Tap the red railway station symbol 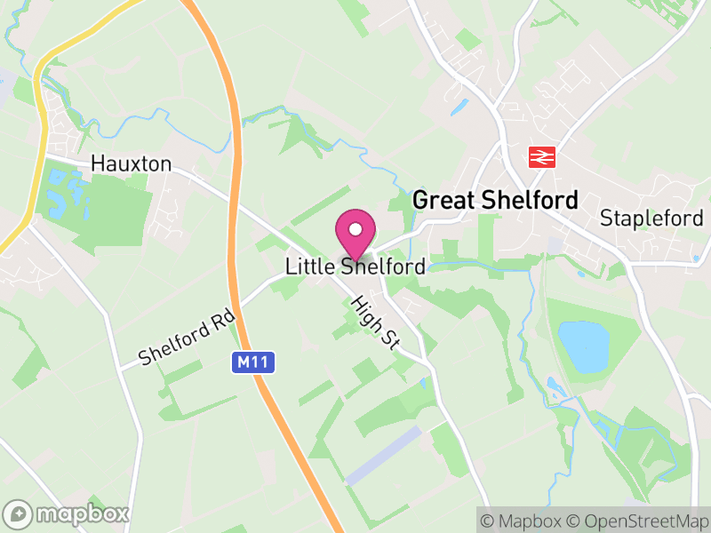pyautogui.click(x=539, y=157)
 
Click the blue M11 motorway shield pyautogui.click(x=255, y=362)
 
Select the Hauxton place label pyautogui.click(x=131, y=164)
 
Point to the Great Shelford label pyautogui.click(x=495, y=200)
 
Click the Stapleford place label pyautogui.click(x=651, y=218)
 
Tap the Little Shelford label pyautogui.click(x=355, y=266)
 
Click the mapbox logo pyautogui.click(x=67, y=513)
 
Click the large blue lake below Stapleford pyautogui.click(x=583, y=346)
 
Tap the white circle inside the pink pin pyautogui.click(x=355, y=229)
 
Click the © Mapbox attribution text pyautogui.click(x=524, y=520)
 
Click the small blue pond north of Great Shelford pyautogui.click(x=459, y=107)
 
